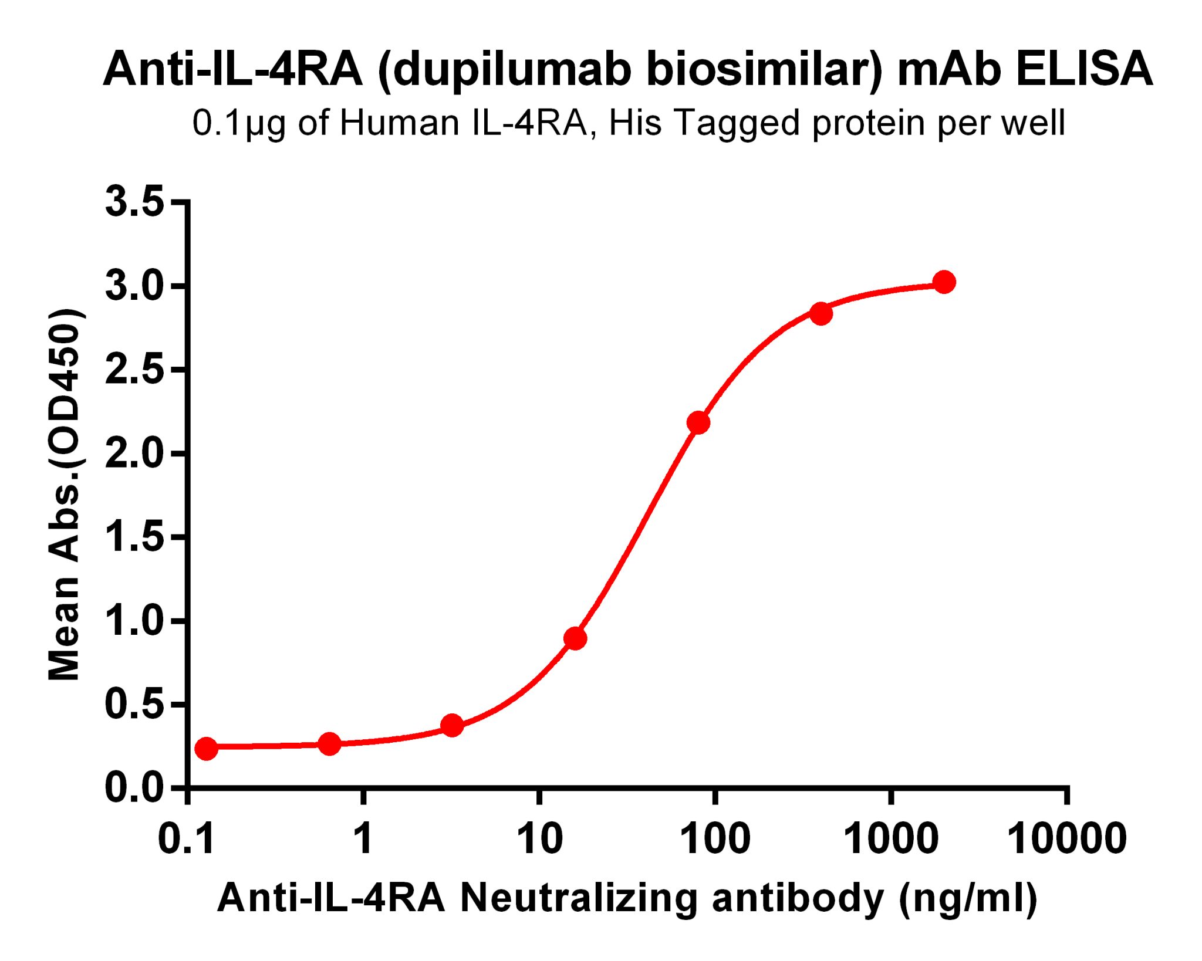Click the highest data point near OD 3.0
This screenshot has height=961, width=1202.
944,282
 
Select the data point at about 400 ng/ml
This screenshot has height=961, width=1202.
821,314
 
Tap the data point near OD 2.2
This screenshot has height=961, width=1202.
698,422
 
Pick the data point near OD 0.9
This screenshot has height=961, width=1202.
575,638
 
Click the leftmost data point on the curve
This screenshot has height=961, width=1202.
206,748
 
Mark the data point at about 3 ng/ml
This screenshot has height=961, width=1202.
452,726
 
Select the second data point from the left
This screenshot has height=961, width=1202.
329,744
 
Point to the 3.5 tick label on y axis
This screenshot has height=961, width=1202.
134,202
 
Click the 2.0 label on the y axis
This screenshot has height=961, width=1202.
134,453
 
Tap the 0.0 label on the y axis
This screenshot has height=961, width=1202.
134,788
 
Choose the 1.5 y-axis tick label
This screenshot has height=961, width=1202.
134,537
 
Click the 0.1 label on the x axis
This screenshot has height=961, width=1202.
187,838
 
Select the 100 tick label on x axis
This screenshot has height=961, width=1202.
714,838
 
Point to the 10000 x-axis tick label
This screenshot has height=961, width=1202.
1066,838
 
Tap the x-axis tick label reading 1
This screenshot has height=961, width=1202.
363,838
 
